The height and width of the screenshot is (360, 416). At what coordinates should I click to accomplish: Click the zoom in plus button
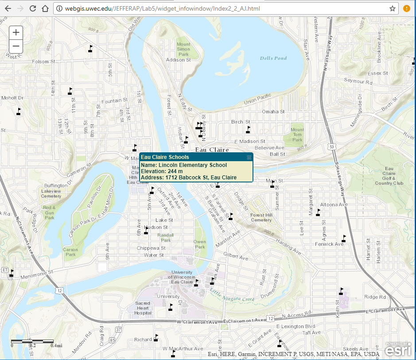[x=16, y=32]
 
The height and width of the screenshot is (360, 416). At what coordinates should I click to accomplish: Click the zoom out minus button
[x=16, y=46]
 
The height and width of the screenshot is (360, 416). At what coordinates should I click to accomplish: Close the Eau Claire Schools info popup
[x=249, y=157]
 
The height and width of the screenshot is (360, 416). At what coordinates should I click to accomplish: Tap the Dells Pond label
[x=273, y=58]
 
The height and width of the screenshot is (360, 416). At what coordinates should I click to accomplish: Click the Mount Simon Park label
[x=183, y=49]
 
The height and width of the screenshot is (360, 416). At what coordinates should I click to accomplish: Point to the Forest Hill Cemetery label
[x=261, y=217]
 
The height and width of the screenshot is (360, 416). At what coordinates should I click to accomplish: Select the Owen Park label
[x=200, y=244]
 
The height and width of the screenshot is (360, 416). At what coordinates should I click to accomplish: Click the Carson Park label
[x=71, y=252]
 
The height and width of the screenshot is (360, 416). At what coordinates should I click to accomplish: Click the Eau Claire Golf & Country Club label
[x=389, y=176]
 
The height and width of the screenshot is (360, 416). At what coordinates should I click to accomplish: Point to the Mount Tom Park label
[x=297, y=135]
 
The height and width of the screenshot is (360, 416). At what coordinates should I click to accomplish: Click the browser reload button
[x=33, y=8]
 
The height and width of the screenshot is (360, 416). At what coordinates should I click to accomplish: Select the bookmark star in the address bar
[x=393, y=8]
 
